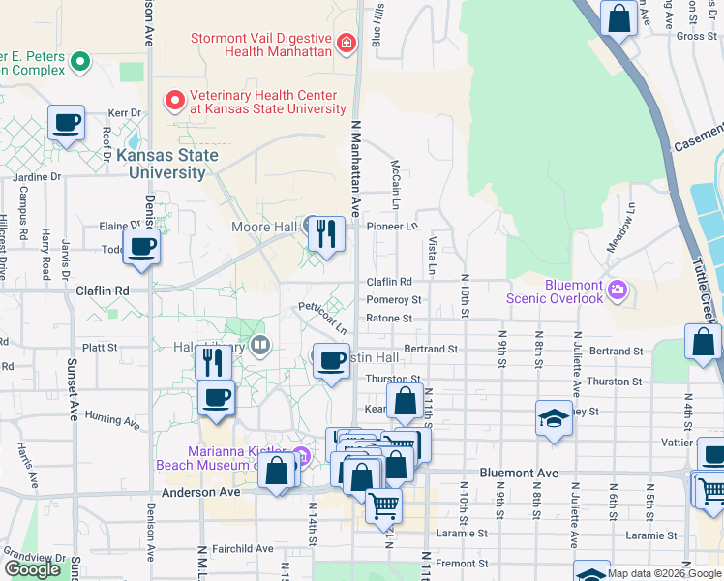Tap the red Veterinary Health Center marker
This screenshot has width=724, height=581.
tap(175, 100)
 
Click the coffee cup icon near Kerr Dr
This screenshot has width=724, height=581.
tap(66, 124)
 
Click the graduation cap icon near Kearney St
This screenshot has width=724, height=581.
tap(554, 418)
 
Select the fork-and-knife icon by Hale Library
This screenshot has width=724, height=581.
tap(213, 362)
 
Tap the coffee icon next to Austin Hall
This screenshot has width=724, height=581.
tap(331, 362)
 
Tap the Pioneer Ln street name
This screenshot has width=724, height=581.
tap(392, 226)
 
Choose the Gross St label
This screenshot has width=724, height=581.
tap(696, 36)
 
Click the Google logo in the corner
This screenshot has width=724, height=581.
tap(32, 569)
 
